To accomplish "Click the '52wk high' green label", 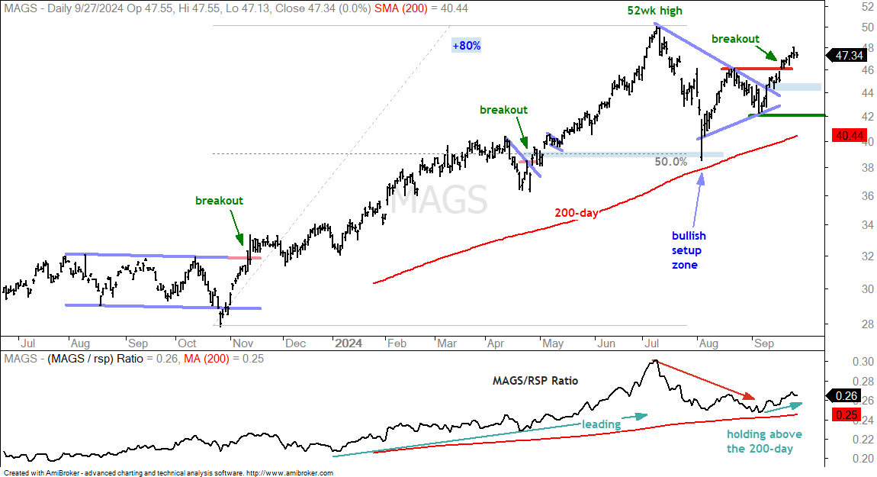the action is point(654,11).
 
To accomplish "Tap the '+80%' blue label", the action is point(467,45).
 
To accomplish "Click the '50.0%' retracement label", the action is point(670,162).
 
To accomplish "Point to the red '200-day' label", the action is point(576,213).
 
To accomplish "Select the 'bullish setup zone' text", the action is point(689,250).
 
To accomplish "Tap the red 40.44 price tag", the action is point(849,136).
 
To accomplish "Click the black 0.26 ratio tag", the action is point(846,396).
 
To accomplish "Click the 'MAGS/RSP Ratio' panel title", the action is point(535,381).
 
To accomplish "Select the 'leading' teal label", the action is point(601,424).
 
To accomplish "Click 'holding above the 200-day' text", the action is point(764,441).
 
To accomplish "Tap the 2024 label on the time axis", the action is point(349,343).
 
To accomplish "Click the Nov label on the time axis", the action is point(243,343).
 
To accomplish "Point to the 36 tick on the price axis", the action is point(868,196).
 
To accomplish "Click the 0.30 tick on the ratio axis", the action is point(863,362).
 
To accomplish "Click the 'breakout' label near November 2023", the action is point(220,201).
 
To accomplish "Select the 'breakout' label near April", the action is point(503,110).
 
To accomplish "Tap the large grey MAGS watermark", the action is point(438,200).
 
